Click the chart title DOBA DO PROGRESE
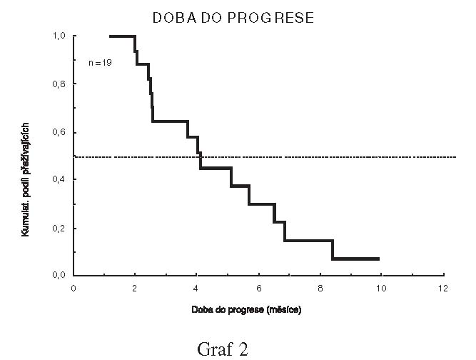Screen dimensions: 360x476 (233, 18)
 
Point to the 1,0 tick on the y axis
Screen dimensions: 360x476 (60, 36)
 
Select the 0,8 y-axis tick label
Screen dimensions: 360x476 (60, 84)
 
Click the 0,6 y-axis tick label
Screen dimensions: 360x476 (60, 132)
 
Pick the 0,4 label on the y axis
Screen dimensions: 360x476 (60, 180)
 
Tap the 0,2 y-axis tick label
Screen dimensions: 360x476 (60, 229)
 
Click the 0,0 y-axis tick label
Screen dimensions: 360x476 (60, 276)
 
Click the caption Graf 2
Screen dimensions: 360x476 (223, 349)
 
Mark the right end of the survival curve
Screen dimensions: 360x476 (379, 259)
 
